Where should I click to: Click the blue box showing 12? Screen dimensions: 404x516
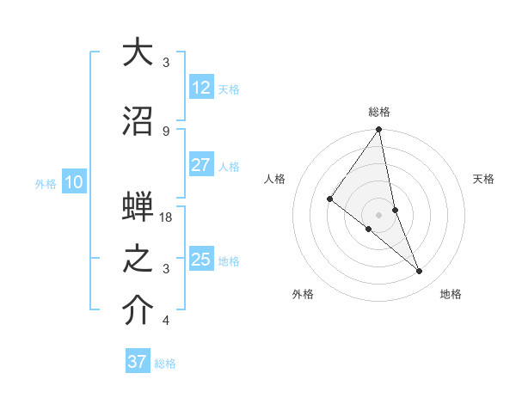pos(200,88)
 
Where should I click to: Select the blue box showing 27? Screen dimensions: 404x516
pos(200,165)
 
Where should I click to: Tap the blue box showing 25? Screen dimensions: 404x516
pos(200,260)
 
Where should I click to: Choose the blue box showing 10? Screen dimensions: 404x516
pos(73,182)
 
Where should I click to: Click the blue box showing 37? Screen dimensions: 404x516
pos(137,362)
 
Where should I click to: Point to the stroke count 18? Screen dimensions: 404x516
pos(167,217)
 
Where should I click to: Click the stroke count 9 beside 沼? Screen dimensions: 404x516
pos(166,131)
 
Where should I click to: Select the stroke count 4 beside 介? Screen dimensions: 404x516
pos(166,321)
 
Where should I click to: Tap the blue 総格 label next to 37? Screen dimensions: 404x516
pos(165,364)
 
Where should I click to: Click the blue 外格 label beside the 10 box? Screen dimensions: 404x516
pos(46,183)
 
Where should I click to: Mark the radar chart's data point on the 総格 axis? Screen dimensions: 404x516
pos(378,130)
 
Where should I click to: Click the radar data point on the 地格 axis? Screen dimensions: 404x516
pos(420,271)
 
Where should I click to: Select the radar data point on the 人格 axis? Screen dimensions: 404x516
pos(330,199)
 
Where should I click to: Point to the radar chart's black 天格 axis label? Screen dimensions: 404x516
pos(484,179)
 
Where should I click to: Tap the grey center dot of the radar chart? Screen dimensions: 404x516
pos(378,214)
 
